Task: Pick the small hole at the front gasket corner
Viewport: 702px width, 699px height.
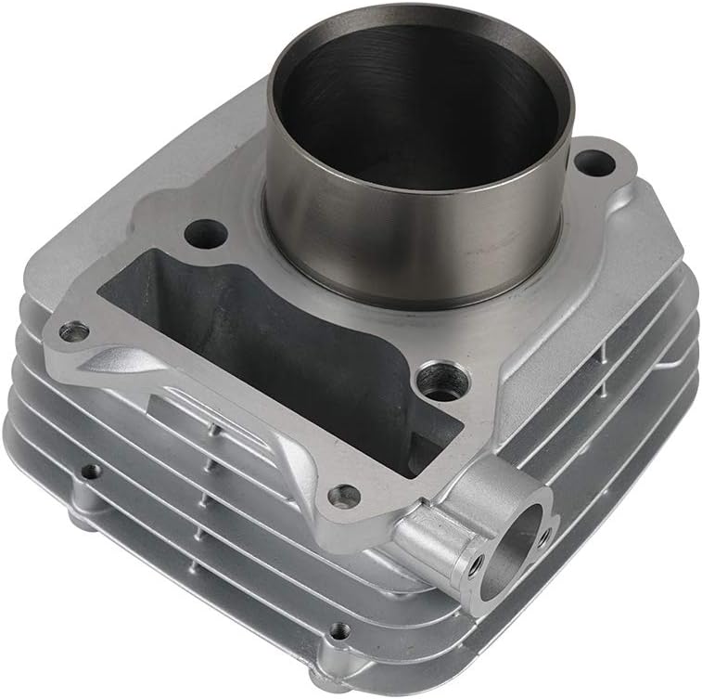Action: pyautogui.click(x=344, y=497)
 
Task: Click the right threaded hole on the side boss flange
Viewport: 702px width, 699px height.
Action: pyautogui.click(x=542, y=534)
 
